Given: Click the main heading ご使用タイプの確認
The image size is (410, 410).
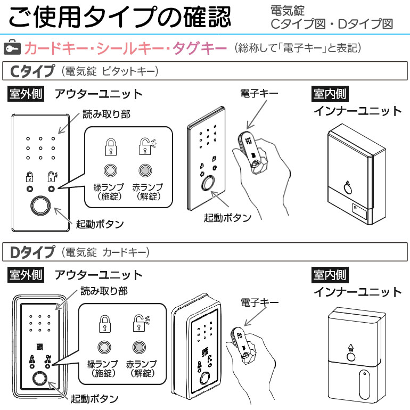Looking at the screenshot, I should (x=120, y=17).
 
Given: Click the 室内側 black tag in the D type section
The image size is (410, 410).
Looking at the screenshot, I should (x=330, y=275).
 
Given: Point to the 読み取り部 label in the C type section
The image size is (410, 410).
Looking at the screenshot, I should (x=106, y=114).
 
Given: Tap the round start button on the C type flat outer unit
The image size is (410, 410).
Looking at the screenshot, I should (x=40, y=206).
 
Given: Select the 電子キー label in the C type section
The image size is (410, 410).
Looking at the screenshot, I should (x=259, y=93).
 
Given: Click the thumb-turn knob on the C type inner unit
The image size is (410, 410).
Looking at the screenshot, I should (x=347, y=187).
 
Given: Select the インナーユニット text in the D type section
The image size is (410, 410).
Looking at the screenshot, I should (x=357, y=292).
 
